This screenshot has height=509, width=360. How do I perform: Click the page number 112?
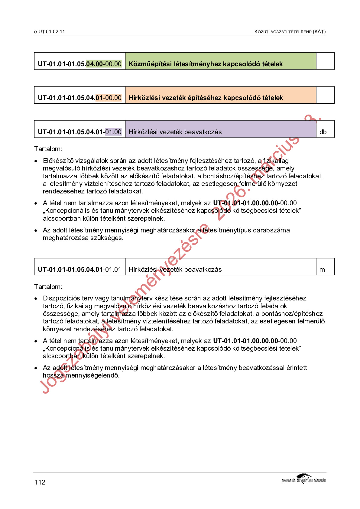click(x=40, y=482)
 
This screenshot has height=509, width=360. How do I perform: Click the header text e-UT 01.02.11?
click(x=49, y=32)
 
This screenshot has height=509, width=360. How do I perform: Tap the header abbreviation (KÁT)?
click(x=319, y=32)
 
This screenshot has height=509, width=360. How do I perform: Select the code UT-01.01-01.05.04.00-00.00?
click(x=79, y=64)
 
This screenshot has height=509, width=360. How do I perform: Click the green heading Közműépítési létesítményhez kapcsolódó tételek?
click(x=206, y=64)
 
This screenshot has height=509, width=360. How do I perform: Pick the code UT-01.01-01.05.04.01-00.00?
click(x=79, y=98)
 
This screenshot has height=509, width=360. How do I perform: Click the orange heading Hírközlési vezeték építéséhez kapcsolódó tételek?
click(x=206, y=98)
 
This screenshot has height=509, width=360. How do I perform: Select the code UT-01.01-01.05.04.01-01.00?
click(x=79, y=132)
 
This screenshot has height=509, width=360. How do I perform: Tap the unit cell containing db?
click(x=323, y=132)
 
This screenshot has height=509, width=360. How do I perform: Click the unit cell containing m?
click(x=322, y=270)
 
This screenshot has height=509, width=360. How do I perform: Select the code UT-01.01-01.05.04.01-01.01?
click(x=79, y=270)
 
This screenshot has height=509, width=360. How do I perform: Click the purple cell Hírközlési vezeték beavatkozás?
click(x=175, y=132)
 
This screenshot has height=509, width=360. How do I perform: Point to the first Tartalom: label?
click(x=48, y=149)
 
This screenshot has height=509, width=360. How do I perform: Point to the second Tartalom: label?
click(x=48, y=287)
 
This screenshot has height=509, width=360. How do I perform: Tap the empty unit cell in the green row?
click(x=325, y=61)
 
